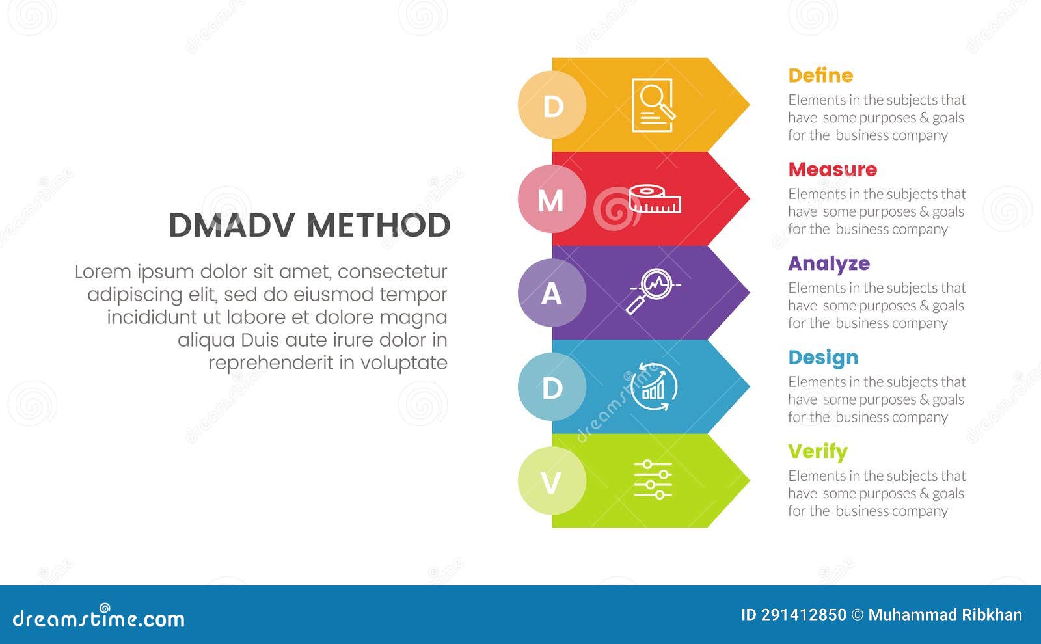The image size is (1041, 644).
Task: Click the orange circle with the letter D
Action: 552,105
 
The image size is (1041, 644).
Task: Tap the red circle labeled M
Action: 552,199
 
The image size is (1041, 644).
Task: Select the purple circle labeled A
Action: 552,293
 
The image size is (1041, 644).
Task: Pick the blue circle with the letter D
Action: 552,387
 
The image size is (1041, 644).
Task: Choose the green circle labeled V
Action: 552,481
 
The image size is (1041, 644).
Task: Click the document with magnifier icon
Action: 653,105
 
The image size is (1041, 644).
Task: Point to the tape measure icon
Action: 655,199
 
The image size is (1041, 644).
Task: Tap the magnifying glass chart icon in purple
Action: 653,291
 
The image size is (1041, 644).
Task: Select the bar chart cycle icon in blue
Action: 653,387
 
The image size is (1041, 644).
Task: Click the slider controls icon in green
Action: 653,480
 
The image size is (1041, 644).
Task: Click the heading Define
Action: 820,75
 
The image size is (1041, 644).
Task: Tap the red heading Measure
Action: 832,170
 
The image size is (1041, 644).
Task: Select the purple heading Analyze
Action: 828,263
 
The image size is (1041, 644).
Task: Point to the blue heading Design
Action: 823,357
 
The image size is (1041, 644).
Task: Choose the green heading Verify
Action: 817,451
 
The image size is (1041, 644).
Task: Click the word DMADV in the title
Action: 232,226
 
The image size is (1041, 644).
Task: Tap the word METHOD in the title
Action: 378,226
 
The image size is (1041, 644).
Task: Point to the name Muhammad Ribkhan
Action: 945,615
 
